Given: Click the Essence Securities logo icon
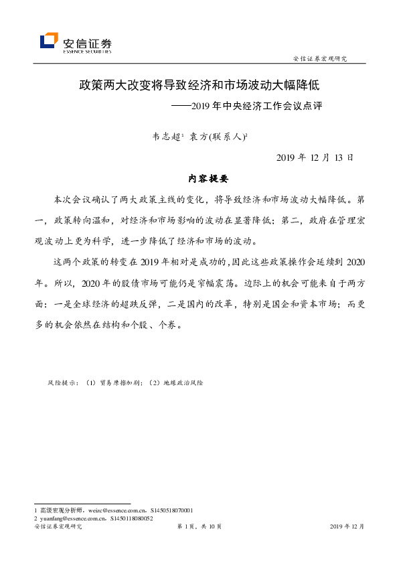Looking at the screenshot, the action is point(49,42).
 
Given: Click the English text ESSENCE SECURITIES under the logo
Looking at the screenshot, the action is point(86,50).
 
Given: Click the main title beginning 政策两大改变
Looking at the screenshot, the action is point(199,86).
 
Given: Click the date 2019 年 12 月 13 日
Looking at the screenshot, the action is point(315,158).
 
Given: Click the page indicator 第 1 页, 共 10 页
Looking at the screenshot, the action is point(199,527).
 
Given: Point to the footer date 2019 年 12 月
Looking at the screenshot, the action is point(347,527).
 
